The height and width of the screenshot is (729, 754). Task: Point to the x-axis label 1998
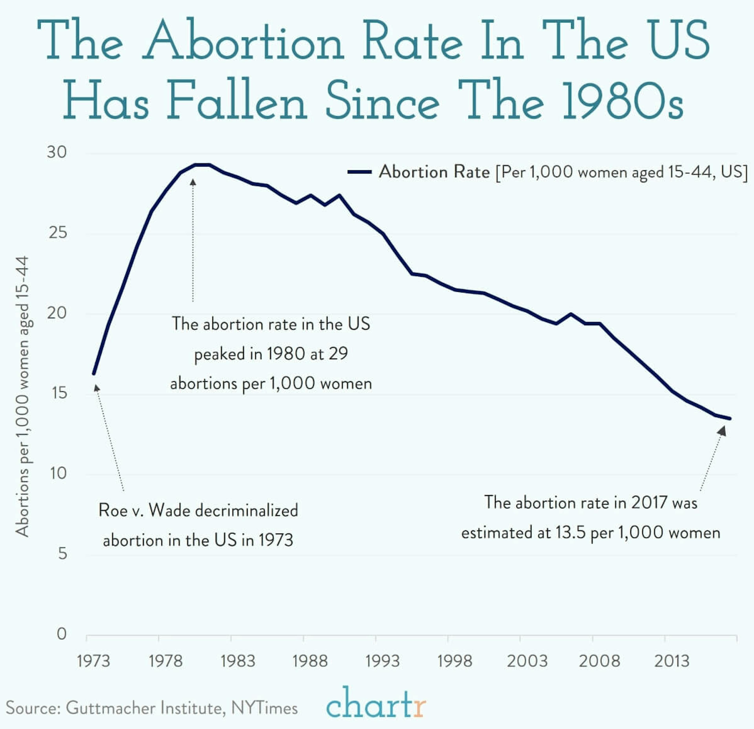(x=454, y=661)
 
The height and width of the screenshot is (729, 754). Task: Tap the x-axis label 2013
(x=672, y=661)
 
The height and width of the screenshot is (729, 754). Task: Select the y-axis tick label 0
(x=61, y=634)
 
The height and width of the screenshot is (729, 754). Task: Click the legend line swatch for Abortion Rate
(x=359, y=172)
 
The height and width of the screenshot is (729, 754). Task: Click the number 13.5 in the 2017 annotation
(x=570, y=532)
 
